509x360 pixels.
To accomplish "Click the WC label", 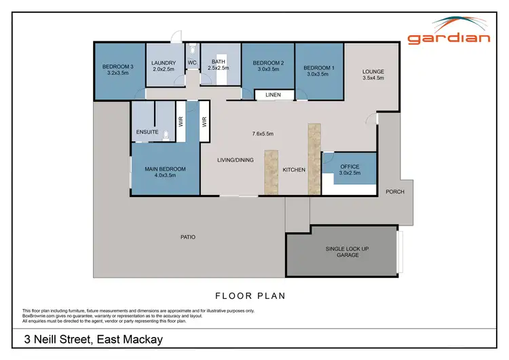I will [x=192, y=63].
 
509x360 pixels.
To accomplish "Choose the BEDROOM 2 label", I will [x=267, y=67].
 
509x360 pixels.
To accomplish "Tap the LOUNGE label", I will [x=373, y=71].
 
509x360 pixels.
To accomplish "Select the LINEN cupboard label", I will [x=273, y=95].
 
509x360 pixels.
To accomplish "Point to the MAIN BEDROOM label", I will [x=165, y=169].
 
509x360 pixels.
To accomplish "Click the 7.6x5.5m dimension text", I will [x=263, y=134].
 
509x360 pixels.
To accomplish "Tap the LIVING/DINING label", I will [x=235, y=160].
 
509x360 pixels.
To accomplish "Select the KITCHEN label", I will [x=293, y=170].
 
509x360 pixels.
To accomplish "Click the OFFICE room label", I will [x=350, y=166].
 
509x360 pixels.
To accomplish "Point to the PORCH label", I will [x=394, y=192].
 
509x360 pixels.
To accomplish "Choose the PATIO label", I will [x=188, y=237].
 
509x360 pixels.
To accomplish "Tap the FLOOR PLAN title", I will [x=250, y=296].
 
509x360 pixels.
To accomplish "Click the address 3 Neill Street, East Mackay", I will [x=93, y=340].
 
